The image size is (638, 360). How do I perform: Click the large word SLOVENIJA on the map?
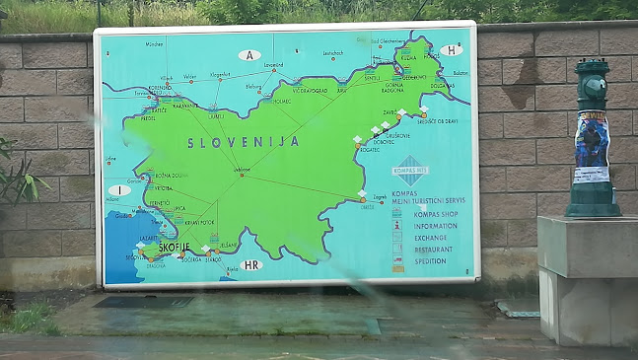coord(244,142)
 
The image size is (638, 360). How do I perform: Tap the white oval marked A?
coord(250,55)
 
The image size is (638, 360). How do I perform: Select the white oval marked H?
coord(451,50)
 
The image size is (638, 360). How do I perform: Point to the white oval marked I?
coord(119,189)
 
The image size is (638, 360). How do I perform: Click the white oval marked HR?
coord(250,264)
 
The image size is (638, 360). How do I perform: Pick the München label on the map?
coord(155,44)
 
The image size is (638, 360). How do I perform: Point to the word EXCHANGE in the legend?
coord(430,238)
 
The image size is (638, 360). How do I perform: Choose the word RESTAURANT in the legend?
coord(435,250)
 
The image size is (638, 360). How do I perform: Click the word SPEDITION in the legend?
coord(432,261)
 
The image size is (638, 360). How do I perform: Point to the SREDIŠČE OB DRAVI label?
coord(436,121)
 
